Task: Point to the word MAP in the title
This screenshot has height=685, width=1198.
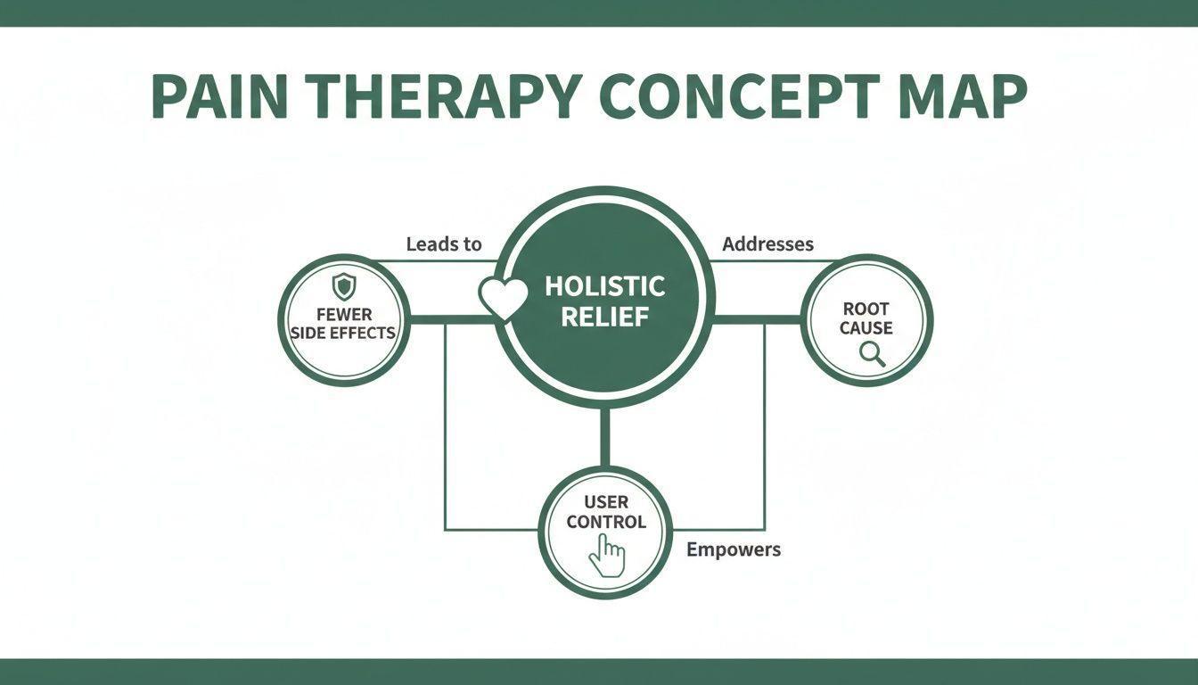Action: click(x=958, y=96)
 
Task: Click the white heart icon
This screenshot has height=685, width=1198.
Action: click(x=504, y=298)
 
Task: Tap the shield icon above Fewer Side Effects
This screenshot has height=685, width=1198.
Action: click(x=343, y=286)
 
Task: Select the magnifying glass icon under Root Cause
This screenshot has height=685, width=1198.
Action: click(x=872, y=354)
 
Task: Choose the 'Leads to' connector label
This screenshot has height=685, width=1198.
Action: click(x=443, y=243)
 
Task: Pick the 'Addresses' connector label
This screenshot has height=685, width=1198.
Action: click(x=767, y=243)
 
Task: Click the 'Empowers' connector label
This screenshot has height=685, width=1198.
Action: click(x=734, y=549)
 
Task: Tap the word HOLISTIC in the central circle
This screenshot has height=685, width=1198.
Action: click(x=604, y=286)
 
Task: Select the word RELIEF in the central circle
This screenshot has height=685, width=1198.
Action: click(x=604, y=317)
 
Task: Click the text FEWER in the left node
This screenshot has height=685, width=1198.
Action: click(x=343, y=314)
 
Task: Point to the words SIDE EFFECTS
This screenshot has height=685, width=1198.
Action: click(x=343, y=333)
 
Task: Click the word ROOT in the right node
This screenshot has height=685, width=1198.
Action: click(x=866, y=309)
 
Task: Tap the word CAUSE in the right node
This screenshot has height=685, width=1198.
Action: click(x=866, y=328)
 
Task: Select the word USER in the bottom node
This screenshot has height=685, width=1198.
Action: click(x=606, y=502)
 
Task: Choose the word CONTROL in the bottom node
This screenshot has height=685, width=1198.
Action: click(x=606, y=522)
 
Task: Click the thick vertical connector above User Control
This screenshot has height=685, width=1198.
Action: click(x=605, y=437)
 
